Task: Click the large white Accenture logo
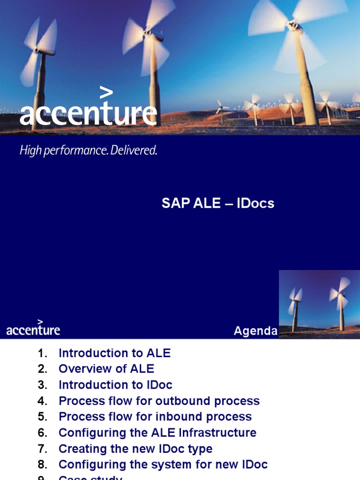(x=88, y=113)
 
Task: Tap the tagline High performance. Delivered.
(x=88, y=151)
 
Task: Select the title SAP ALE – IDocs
(x=218, y=203)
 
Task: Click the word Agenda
(x=255, y=331)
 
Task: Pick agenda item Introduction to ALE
(x=114, y=353)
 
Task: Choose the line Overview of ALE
(x=106, y=369)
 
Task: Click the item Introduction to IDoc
(x=115, y=385)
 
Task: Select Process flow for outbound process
(x=159, y=401)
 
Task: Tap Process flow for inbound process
(x=155, y=417)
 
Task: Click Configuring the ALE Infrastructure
(x=157, y=433)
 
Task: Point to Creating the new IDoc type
(x=135, y=449)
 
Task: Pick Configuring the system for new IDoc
(x=163, y=465)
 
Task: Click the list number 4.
(x=43, y=401)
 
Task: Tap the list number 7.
(x=43, y=449)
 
